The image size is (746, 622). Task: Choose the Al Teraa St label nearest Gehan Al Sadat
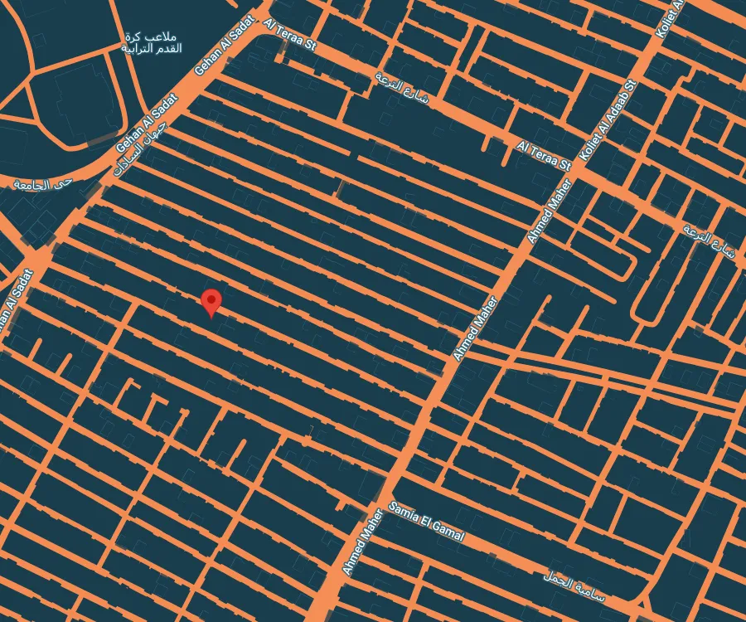pyautogui.click(x=289, y=36)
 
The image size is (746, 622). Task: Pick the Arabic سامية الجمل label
pyautogui.click(x=575, y=586)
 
